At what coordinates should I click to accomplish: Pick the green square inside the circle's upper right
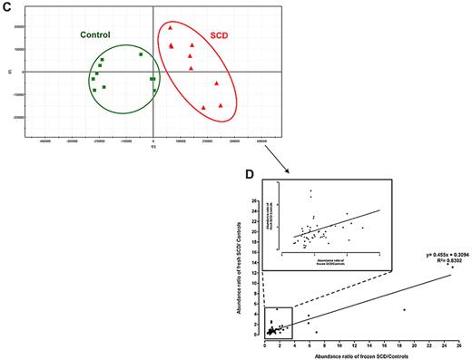coord(142,54)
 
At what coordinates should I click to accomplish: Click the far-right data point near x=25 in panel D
coord(451,268)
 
